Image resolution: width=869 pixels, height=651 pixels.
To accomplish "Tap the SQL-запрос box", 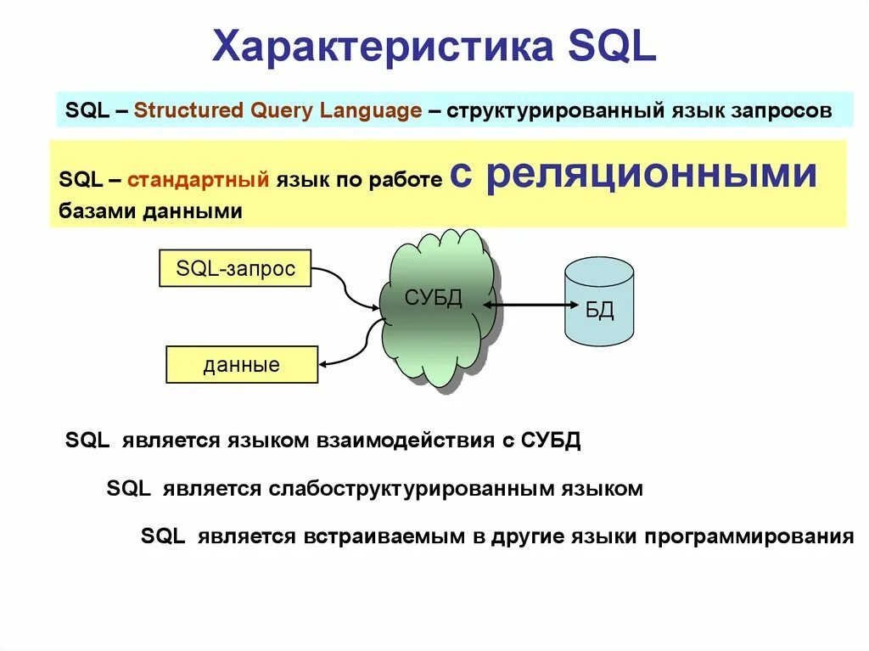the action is pyautogui.click(x=235, y=269).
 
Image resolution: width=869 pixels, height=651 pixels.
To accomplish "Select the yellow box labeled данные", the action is pyautogui.click(x=242, y=365).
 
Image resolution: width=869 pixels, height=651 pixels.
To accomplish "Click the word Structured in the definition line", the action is pyautogui.click(x=188, y=110).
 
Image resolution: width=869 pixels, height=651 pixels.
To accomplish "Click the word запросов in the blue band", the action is pyautogui.click(x=784, y=110).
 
